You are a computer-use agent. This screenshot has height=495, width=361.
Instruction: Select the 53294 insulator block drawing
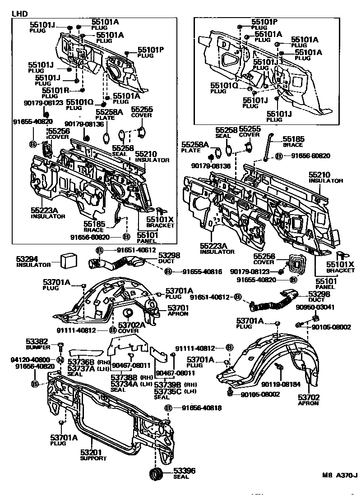[x=69, y=261]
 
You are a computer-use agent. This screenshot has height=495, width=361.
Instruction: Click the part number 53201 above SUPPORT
[x=92, y=452]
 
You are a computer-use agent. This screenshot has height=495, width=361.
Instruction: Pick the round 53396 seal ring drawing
[x=157, y=474]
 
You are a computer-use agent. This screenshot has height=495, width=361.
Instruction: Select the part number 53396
[x=184, y=471]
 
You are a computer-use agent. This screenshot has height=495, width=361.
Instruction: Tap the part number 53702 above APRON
[x=308, y=397]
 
